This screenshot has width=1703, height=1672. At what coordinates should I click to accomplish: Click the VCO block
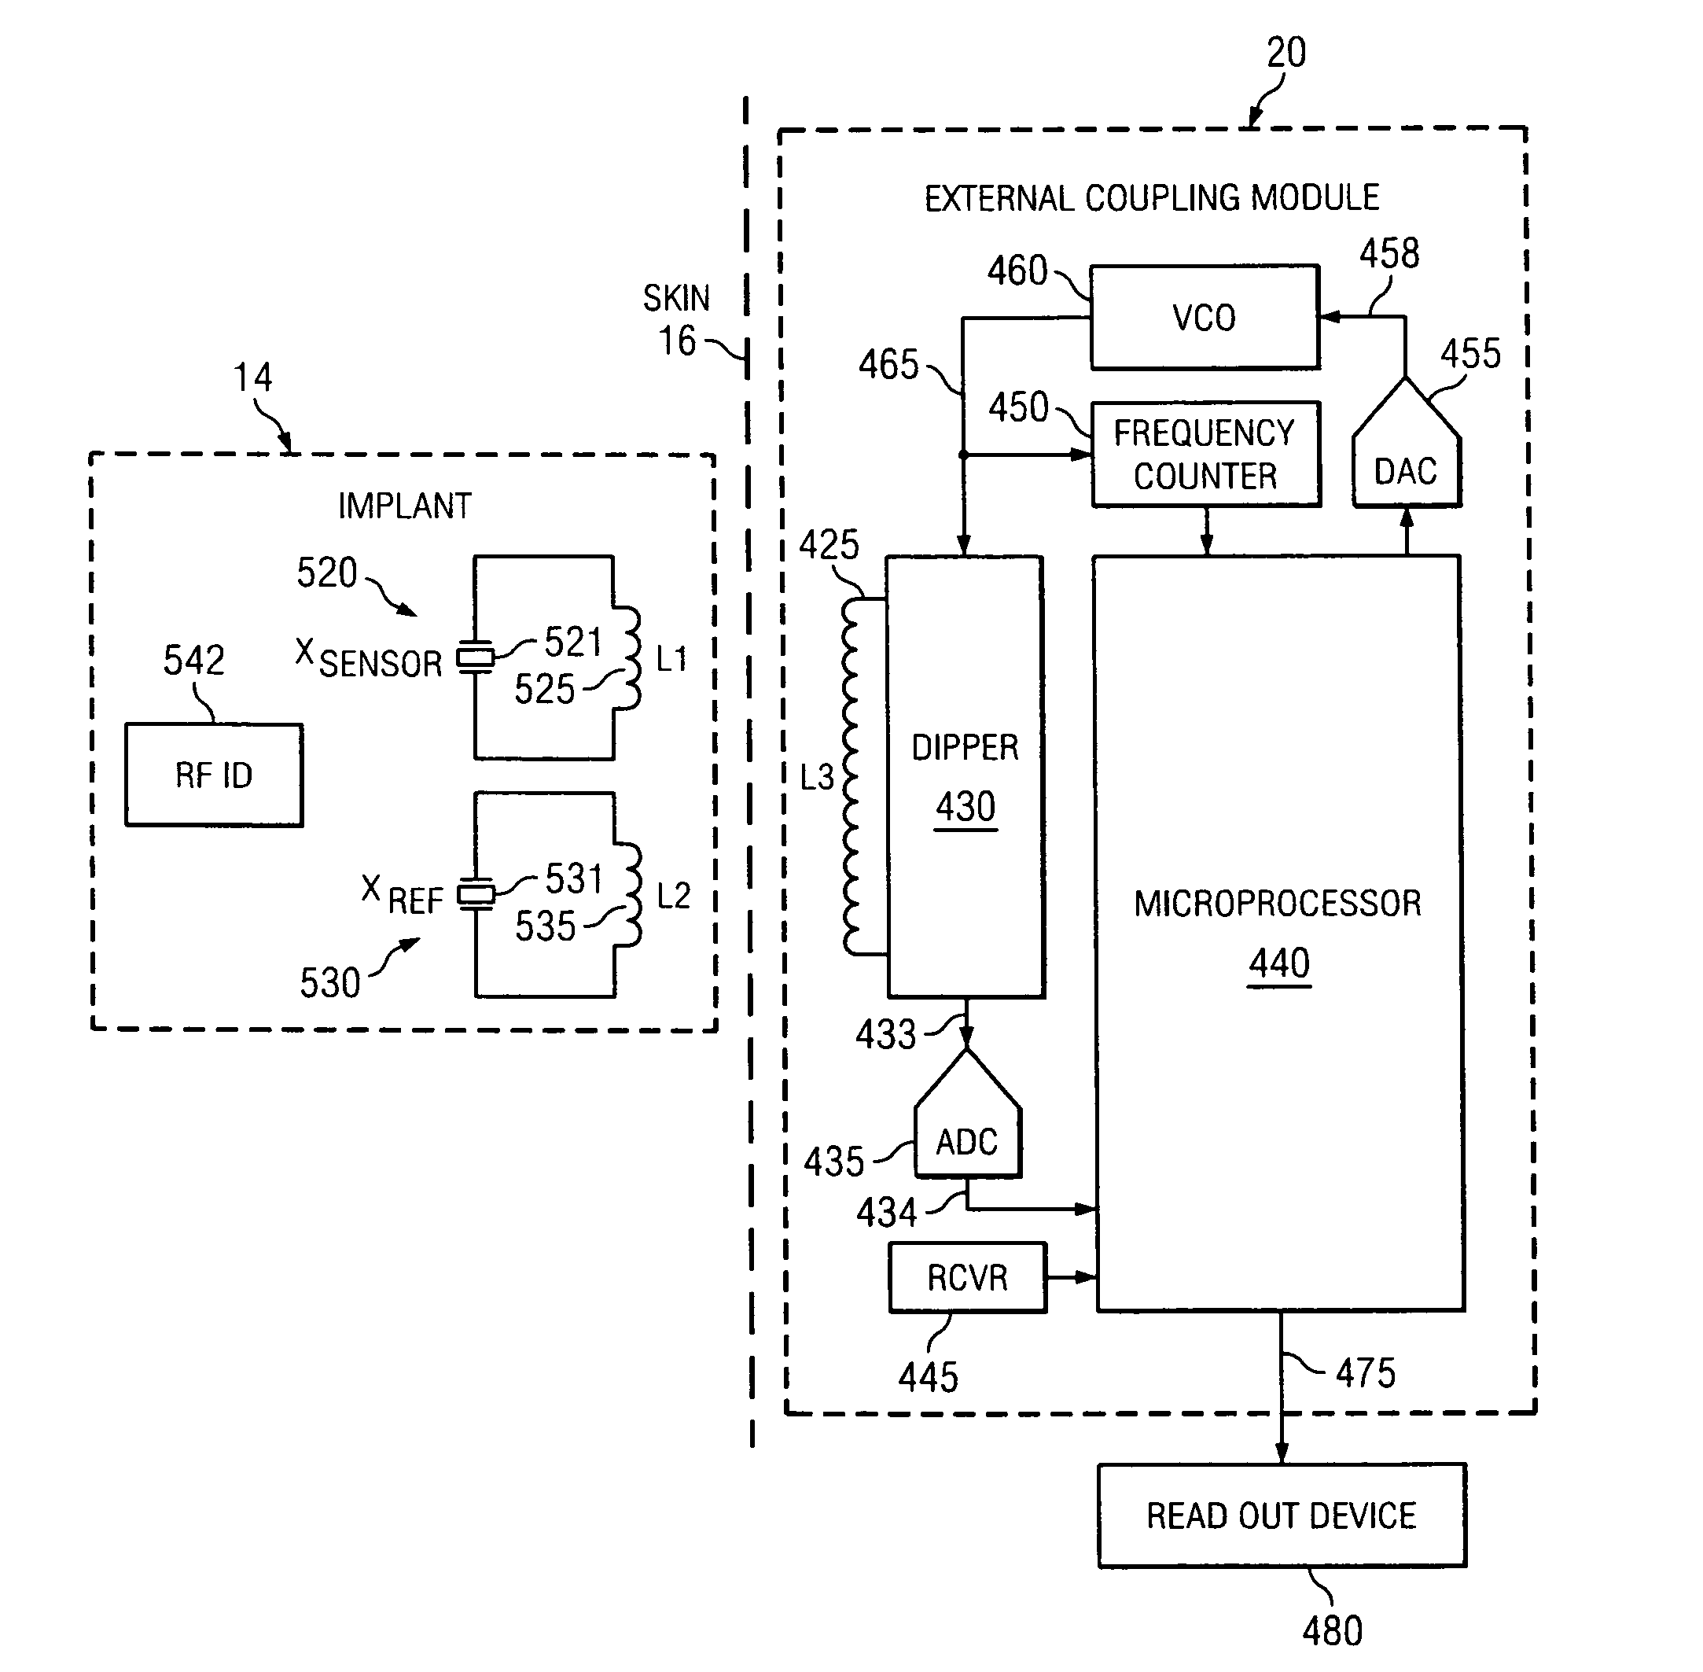pyautogui.click(x=1205, y=317)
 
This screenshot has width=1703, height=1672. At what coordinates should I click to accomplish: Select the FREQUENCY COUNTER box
pyautogui.click(x=1206, y=454)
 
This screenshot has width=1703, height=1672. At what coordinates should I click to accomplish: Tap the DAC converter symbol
pyautogui.click(x=1407, y=443)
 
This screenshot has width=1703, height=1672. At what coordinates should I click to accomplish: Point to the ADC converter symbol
pyautogui.click(x=967, y=1113)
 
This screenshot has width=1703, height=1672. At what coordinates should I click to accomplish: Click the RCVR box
pyautogui.click(x=967, y=1278)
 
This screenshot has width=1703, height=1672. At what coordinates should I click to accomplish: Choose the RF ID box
pyautogui.click(x=214, y=775)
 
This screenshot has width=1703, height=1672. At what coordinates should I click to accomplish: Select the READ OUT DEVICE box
pyautogui.click(x=1282, y=1515)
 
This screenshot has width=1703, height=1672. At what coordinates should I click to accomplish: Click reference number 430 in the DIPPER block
pyautogui.click(x=966, y=806)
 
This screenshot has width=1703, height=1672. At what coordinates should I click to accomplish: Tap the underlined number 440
pyautogui.click(x=1279, y=963)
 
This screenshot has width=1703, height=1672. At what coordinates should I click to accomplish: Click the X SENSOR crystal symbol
pyautogui.click(x=475, y=657)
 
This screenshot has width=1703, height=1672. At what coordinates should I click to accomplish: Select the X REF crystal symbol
pyautogui.click(x=476, y=894)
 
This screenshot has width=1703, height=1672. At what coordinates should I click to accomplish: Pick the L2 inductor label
pyautogui.click(x=673, y=896)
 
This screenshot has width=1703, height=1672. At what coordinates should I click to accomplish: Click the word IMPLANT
pyautogui.click(x=405, y=506)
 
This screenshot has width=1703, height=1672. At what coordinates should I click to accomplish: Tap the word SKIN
pyautogui.click(x=676, y=299)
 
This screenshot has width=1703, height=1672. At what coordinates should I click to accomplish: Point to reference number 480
pyautogui.click(x=1333, y=1632)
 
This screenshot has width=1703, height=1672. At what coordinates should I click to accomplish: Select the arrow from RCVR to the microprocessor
pyautogui.click(x=1072, y=1278)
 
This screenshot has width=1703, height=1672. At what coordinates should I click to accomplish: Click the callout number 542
pyautogui.click(x=194, y=660)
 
